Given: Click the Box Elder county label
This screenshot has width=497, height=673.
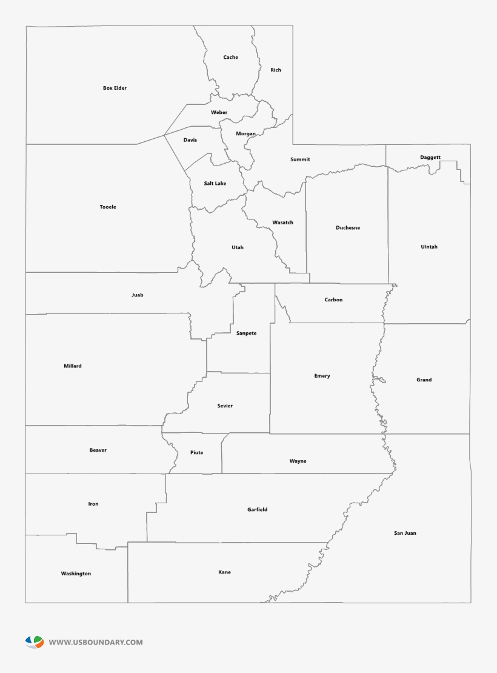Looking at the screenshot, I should pos(115,88).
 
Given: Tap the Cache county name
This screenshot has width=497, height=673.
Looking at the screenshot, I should pos(230,58).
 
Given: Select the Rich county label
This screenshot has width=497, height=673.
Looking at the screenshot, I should pos(276,70).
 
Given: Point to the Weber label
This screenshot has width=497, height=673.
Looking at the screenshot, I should pos(219,112).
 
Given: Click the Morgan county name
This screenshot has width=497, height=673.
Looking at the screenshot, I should pos(245,133).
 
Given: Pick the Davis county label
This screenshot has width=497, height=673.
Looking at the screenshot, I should pos(190,140).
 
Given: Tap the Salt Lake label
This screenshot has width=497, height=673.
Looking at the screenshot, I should pos(215,183).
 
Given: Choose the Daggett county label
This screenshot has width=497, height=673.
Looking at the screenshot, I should pos(430,158).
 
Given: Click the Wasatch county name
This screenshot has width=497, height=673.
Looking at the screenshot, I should pos(282,223).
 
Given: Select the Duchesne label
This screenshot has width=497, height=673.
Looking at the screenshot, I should pos(348,228).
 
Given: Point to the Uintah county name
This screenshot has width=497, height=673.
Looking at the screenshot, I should pos(429,247).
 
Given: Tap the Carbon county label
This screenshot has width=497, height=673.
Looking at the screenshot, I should pos(333,300).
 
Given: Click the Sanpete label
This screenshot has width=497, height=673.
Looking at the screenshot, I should pos(246,333).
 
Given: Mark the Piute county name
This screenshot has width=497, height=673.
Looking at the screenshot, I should pos(196,452).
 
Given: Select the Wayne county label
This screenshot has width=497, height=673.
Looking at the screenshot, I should pos(298,461).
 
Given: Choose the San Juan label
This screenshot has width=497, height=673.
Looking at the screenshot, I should pos(405,533).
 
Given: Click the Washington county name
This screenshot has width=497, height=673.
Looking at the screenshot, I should pos(76,573).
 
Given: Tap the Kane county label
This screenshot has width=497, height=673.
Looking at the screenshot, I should pos(224,572).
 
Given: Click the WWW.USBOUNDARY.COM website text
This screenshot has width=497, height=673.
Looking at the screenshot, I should pos(96,642).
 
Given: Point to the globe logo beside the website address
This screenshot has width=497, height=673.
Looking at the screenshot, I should pos(35,641).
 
